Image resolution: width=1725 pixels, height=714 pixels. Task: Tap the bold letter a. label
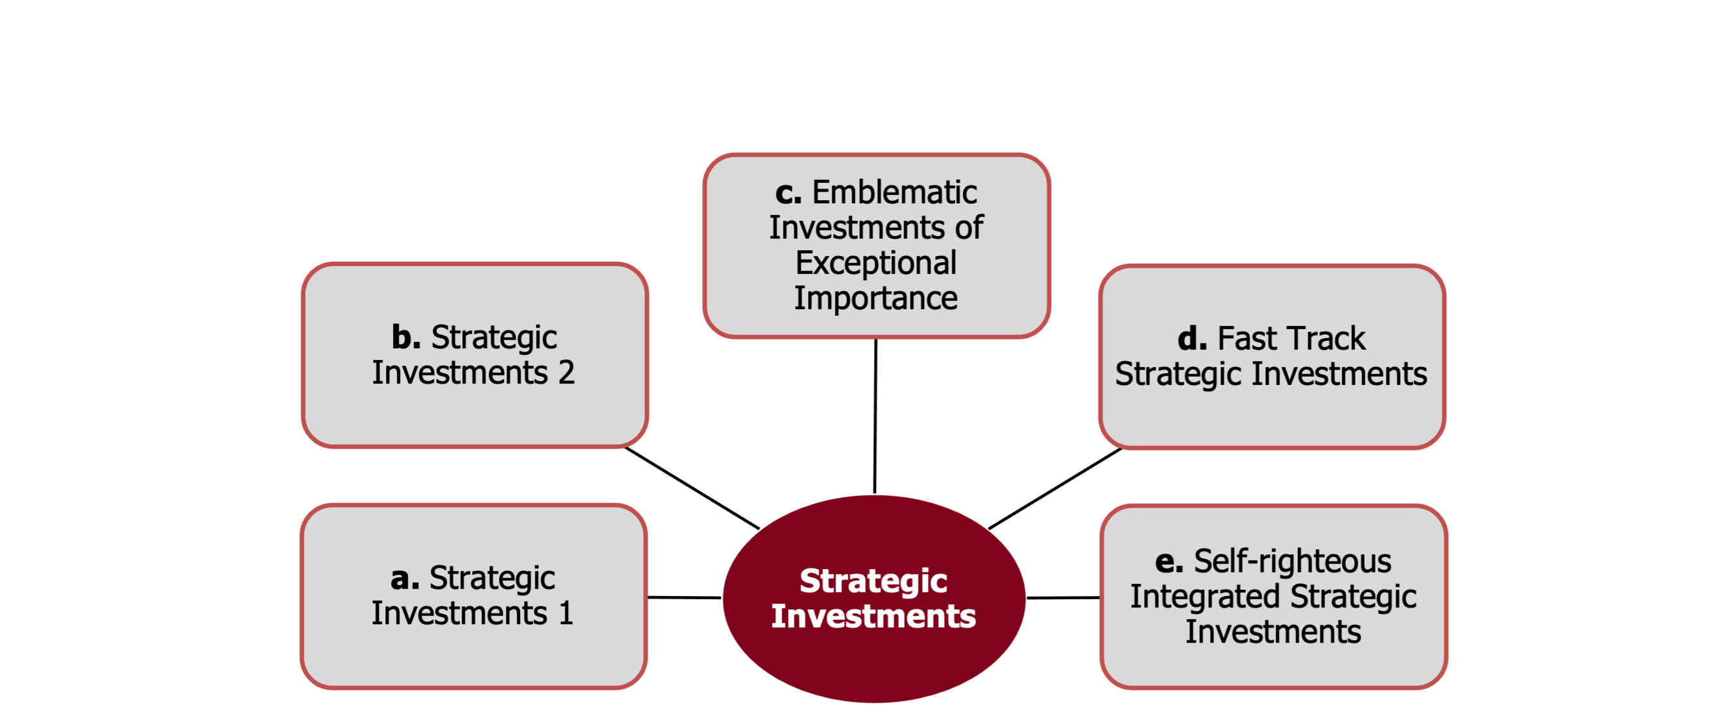[405, 578]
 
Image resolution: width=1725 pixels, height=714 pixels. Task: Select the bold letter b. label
[407, 337]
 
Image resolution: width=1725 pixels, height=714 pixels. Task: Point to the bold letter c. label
[789, 193]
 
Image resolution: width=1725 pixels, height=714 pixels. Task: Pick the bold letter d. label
[1193, 338]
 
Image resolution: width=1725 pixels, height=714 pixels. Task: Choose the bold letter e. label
[1169, 561]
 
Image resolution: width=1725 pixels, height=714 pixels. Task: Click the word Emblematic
[895, 193]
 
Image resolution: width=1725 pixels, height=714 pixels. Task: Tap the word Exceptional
[876, 262]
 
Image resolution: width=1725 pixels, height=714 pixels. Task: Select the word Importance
[876, 298]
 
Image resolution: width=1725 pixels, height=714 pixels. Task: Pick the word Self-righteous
[1292, 561]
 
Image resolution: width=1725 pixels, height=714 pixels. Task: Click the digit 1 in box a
[566, 613]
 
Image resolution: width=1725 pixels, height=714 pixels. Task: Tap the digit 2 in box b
[566, 373]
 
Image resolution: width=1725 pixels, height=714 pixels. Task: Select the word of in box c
[969, 228]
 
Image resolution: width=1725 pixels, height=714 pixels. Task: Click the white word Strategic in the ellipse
[873, 581]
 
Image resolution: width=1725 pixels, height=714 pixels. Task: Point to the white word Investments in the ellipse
[873, 616]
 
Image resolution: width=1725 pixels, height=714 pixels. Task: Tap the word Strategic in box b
[494, 337]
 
